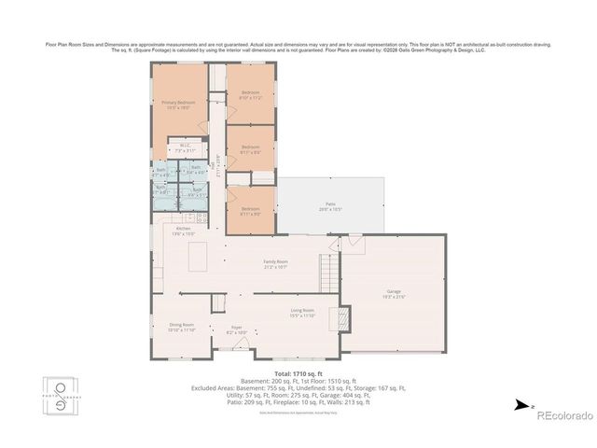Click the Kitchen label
(184, 231)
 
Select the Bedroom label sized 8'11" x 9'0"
(251, 211)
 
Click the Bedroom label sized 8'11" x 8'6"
(251, 148)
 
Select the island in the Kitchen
(199, 256)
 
